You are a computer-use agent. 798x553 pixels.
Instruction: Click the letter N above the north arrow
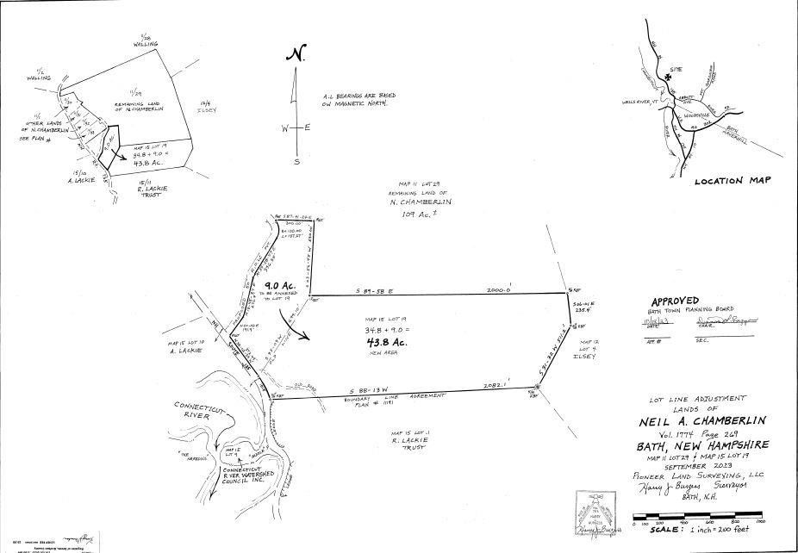click(x=296, y=54)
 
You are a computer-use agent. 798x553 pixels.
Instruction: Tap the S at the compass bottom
click(x=296, y=160)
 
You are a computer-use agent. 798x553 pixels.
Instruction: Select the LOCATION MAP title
click(x=733, y=181)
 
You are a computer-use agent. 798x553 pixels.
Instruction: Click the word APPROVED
click(x=675, y=301)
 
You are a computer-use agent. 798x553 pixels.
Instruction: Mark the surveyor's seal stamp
click(x=597, y=513)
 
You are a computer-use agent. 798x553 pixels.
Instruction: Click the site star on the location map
click(x=669, y=77)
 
